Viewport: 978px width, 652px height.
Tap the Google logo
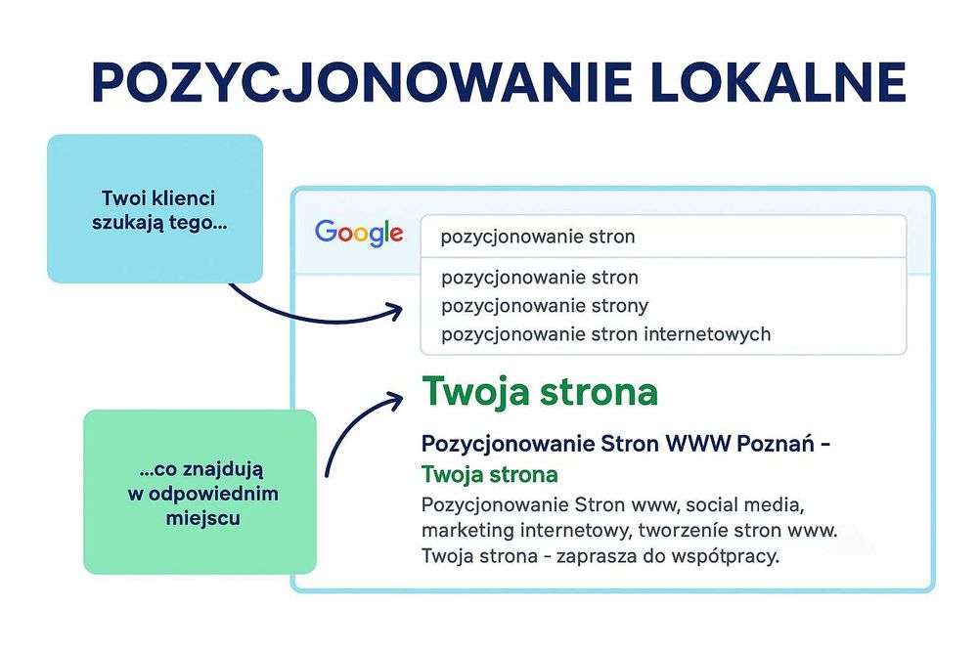359,233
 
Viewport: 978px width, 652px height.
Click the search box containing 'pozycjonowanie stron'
662,237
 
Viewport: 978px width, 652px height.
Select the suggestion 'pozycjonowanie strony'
545,306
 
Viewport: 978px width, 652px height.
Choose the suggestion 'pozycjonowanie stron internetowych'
605,334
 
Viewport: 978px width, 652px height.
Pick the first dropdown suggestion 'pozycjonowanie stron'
540,278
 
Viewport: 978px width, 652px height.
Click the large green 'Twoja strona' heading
539,392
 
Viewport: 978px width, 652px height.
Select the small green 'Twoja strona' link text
489,475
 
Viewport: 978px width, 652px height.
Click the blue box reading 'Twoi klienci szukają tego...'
156,208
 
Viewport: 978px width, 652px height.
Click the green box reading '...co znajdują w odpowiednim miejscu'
200,492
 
